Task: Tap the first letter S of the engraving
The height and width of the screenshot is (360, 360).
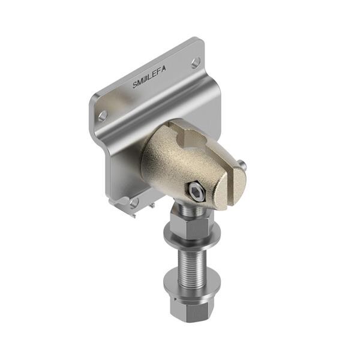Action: point(136,85)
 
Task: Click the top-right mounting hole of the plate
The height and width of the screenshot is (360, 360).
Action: point(196,61)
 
